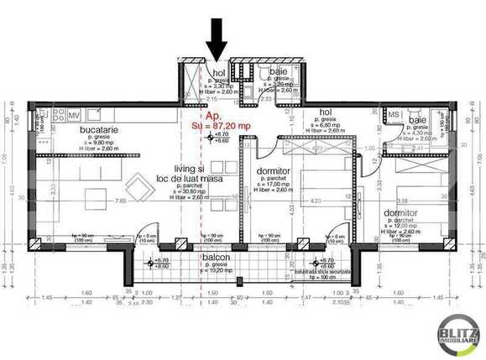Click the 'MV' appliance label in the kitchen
(x=74, y=115)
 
